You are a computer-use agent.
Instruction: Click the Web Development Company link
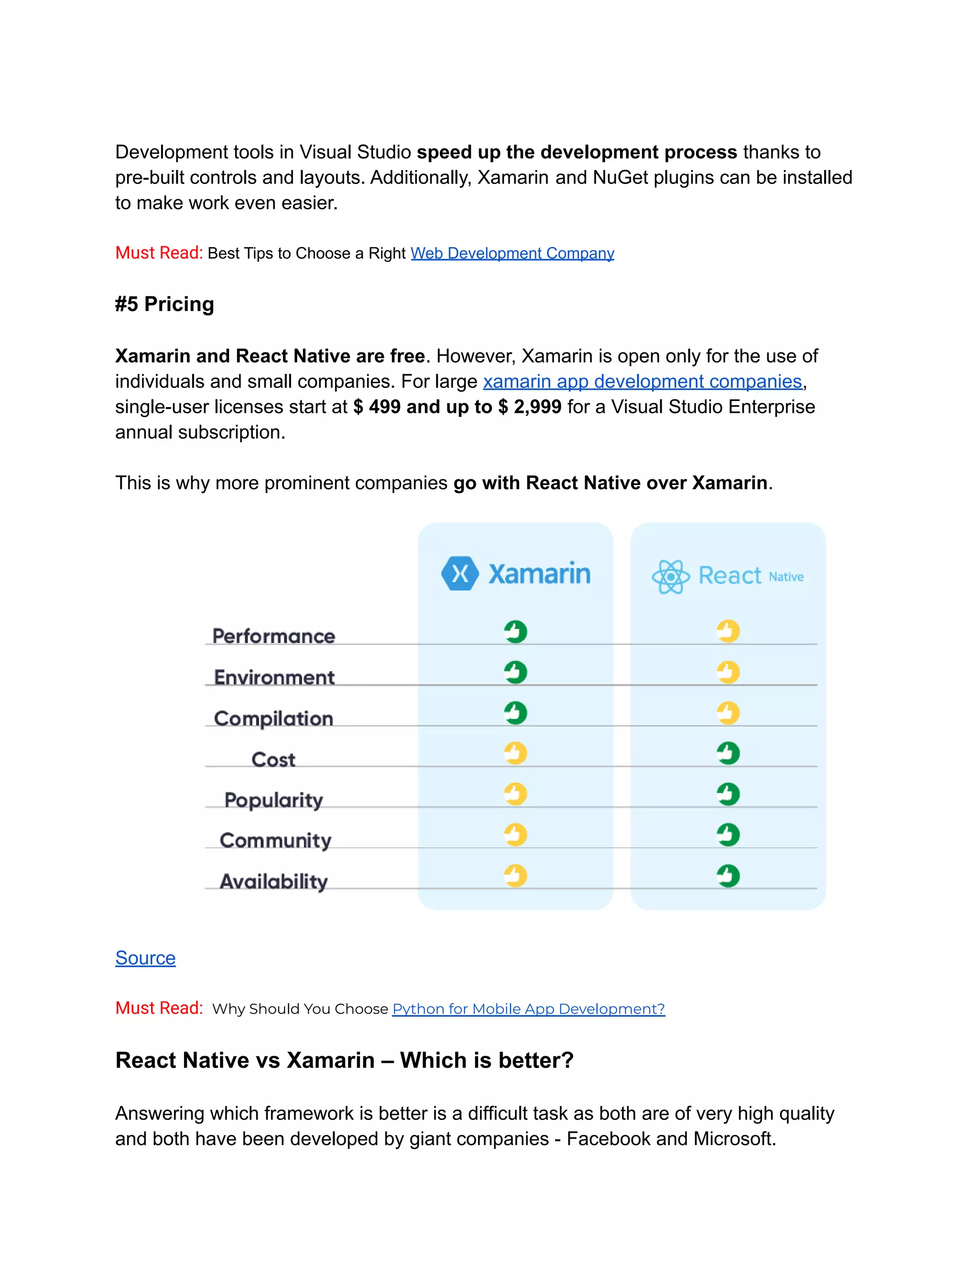[512, 253]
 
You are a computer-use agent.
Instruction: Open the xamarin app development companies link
[642, 381]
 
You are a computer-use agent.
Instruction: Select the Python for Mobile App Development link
[528, 1009]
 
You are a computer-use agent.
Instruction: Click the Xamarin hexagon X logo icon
[460, 574]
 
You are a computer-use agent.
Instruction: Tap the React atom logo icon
[671, 576]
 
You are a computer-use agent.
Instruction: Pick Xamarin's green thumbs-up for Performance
[515, 631]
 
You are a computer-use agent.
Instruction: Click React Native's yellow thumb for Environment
[728, 672]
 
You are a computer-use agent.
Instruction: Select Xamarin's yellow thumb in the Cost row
[515, 753]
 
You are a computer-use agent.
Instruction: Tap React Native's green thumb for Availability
[728, 875]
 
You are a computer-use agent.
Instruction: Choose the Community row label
[275, 840]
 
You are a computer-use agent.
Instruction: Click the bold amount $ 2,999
[530, 407]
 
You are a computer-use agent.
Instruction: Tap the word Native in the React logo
[786, 577]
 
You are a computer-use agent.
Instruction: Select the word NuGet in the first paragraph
[620, 177]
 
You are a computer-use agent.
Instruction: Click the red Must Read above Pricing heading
[158, 253]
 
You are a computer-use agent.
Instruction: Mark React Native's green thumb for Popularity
[728, 794]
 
